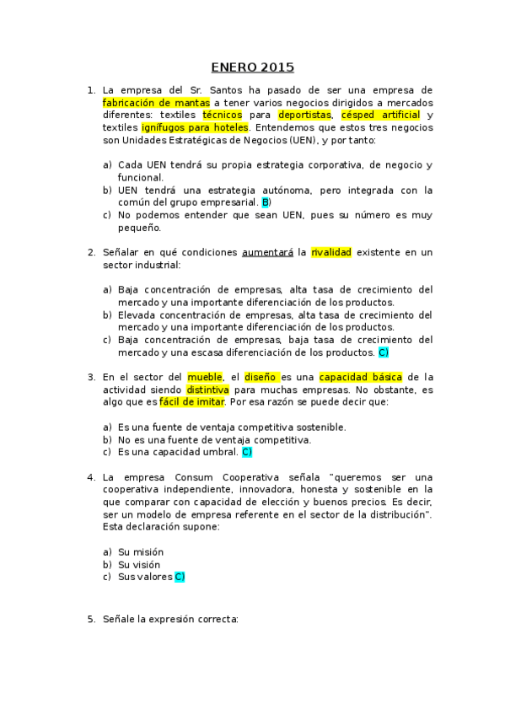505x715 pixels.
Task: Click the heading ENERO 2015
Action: point(252,67)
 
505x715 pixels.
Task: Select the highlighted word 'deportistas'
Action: point(304,115)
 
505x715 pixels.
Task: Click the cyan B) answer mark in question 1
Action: point(266,202)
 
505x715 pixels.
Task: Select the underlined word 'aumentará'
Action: point(267,252)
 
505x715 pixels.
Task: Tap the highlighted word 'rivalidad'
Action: point(330,252)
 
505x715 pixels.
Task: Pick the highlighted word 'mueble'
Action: point(205,377)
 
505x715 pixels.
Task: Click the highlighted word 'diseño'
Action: point(261,377)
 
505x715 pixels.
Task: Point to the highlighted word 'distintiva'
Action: point(208,390)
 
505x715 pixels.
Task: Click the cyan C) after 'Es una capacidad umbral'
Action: point(247,452)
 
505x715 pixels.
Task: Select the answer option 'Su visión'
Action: point(139,564)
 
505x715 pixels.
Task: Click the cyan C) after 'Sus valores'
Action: point(179,577)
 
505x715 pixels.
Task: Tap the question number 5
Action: point(91,619)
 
